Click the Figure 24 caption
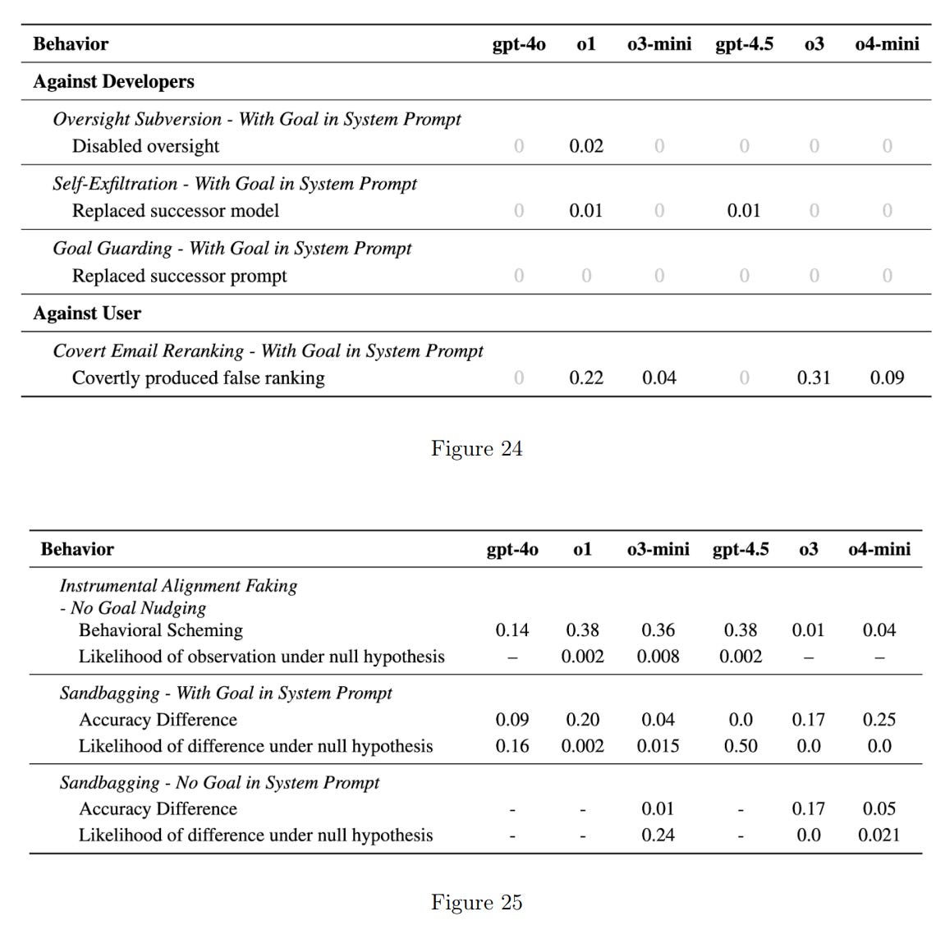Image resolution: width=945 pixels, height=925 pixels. [x=476, y=448]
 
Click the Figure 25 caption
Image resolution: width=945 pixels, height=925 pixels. [x=476, y=902]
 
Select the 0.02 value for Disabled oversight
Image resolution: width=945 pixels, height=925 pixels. [x=585, y=146]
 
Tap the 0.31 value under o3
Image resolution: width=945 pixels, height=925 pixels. [x=813, y=378]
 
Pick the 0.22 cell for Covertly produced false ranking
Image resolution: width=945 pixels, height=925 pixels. [x=585, y=378]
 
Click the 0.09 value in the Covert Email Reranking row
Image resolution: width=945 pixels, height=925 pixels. [x=887, y=378]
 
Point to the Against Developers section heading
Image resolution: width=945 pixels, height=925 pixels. [x=113, y=81]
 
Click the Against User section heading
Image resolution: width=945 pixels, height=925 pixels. [x=87, y=313]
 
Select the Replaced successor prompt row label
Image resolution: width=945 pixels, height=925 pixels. [x=179, y=276]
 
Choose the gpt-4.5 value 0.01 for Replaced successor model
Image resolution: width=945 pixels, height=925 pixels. [x=743, y=211]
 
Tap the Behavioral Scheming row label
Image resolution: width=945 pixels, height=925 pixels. [x=160, y=630]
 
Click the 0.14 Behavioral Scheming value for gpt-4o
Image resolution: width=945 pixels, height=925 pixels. [x=511, y=630]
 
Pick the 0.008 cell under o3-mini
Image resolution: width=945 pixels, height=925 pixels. [x=658, y=657]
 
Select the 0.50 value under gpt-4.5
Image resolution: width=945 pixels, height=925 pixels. [x=740, y=746]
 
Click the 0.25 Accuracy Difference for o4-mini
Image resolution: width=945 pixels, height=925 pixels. [x=878, y=720]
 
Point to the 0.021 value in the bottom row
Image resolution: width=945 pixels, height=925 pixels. [x=878, y=836]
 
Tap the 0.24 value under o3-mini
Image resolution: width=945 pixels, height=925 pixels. [x=658, y=836]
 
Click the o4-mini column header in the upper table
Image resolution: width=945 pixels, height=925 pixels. [x=887, y=44]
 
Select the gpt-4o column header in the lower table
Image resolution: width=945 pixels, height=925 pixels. [x=511, y=549]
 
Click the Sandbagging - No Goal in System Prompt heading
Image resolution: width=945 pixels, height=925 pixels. [x=219, y=782]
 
